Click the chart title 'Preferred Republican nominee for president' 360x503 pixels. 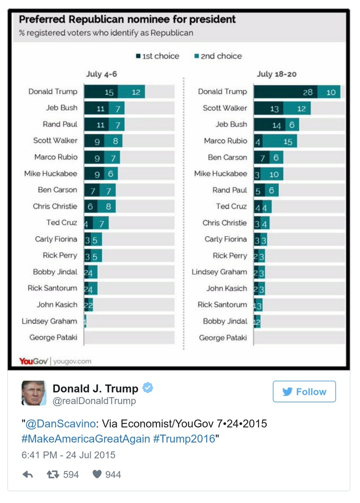[127, 20]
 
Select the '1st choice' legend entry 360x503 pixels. [157, 56]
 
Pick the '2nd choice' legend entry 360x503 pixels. [218, 56]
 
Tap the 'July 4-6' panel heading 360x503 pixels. [102, 74]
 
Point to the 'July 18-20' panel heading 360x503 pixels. [277, 74]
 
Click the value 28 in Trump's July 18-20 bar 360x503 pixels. [307, 92]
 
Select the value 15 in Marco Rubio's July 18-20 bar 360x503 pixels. [287, 142]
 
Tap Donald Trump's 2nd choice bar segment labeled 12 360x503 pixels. [136, 92]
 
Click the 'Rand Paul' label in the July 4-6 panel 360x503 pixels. [60, 124]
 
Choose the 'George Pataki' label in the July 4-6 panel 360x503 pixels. [53, 338]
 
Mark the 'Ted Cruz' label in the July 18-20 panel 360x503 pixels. [231, 206]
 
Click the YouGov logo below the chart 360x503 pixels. [34, 361]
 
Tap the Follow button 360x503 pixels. [304, 392]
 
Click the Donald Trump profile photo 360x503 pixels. [34, 393]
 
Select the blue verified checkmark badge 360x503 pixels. [148, 388]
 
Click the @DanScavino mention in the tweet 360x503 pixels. [60, 424]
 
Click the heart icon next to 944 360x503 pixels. [97, 474]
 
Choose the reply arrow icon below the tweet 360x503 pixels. [28, 474]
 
